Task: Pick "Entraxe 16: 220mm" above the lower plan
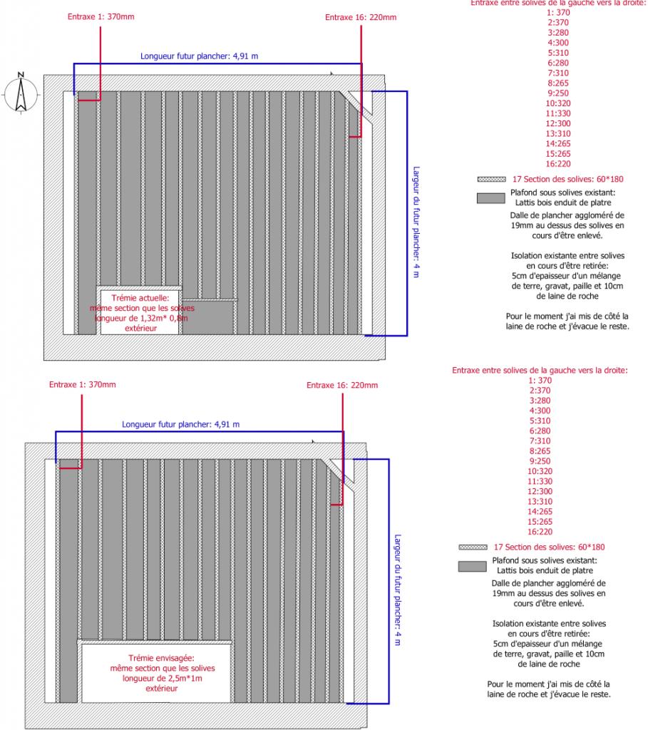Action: tap(341, 386)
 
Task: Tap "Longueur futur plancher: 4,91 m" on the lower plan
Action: tap(180, 424)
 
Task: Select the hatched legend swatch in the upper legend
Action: tap(490, 179)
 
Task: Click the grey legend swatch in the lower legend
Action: tap(471, 566)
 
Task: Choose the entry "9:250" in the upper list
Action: tap(558, 93)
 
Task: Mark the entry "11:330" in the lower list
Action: tap(540, 481)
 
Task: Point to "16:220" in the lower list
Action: tap(540, 532)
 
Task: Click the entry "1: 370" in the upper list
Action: tap(558, 12)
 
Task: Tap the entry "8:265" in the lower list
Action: tap(540, 451)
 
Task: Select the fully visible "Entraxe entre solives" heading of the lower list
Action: tap(540, 370)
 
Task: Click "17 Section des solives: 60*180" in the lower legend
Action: tap(549, 547)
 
